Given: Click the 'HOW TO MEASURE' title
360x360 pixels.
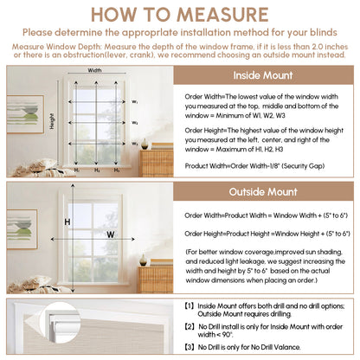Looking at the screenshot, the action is [180, 16].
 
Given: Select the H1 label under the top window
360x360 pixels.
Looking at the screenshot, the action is [75, 170].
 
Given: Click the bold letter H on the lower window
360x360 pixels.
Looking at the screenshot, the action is [67, 222].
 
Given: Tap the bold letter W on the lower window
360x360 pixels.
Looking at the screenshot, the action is [111, 235].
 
